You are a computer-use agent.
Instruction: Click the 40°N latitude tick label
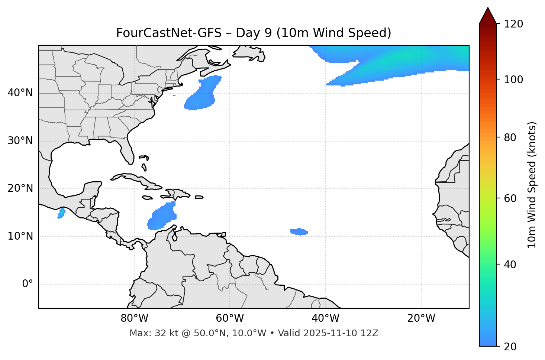coord(20,93)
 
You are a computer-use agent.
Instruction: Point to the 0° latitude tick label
coord(28,284)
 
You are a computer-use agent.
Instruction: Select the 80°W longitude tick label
coord(134,318)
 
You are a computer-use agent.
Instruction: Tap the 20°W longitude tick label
coord(421,318)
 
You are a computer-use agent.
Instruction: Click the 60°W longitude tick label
coord(230,318)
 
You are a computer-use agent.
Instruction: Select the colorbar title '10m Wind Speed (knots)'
coord(532,185)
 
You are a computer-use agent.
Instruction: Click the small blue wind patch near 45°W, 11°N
coord(299,231)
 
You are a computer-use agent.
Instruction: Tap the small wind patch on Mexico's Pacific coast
coord(61,213)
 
